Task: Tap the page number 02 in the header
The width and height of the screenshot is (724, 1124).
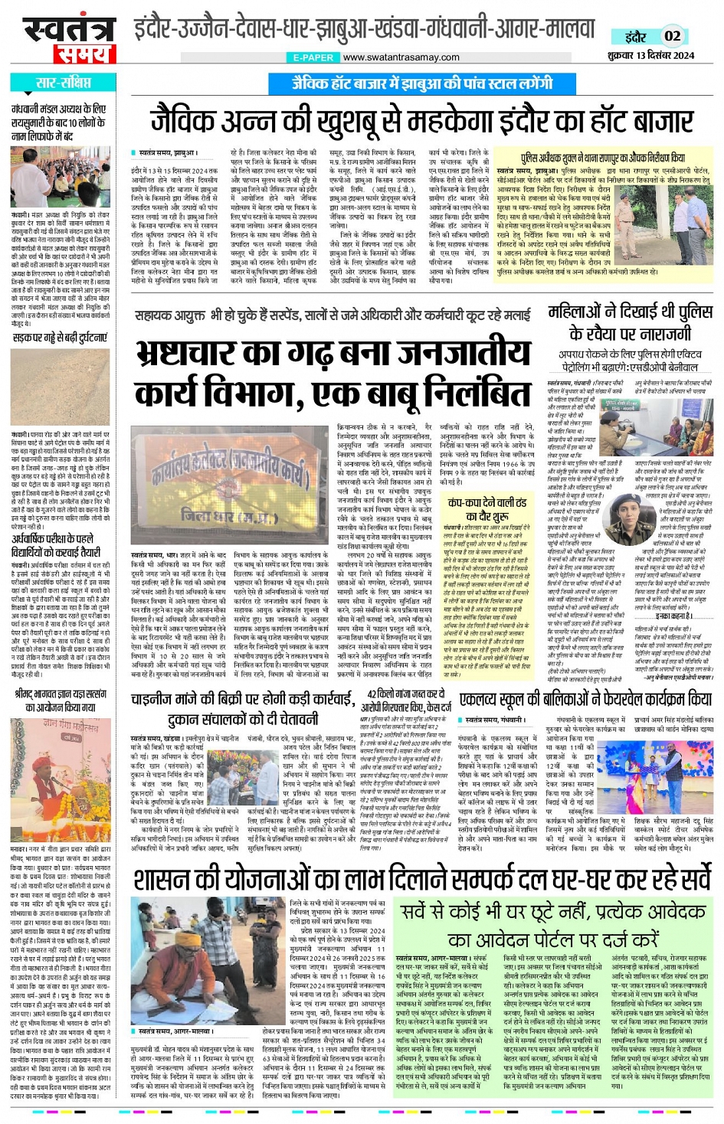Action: pyautogui.click(x=672, y=35)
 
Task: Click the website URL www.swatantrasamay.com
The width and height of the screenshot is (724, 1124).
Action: pyautogui.click(x=401, y=57)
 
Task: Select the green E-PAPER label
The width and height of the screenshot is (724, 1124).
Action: pyautogui.click(x=313, y=57)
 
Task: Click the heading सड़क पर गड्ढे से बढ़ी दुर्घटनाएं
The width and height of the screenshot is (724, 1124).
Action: pyautogui.click(x=59, y=337)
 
